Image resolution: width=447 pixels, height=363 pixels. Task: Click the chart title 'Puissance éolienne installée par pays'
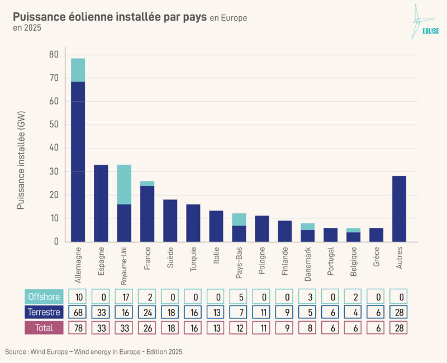tap(110, 17)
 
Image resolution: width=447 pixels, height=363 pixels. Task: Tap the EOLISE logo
tap(423, 22)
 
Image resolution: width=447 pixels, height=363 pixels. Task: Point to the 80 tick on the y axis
tap(53, 55)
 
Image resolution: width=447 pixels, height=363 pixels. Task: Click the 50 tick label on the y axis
tap(53, 125)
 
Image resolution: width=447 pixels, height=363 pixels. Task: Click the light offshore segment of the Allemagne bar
tap(78, 70)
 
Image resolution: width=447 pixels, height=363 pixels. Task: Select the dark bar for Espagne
tap(101, 203)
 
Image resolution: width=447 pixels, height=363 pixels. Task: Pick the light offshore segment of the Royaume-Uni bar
tap(123, 184)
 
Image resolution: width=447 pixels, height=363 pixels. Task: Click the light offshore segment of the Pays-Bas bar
tap(239, 219)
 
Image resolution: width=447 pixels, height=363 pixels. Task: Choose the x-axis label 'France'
tap(147, 259)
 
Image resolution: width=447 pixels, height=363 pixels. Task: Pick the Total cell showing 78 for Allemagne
tap(78, 328)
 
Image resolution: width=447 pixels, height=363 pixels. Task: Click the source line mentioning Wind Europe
tap(93, 352)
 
